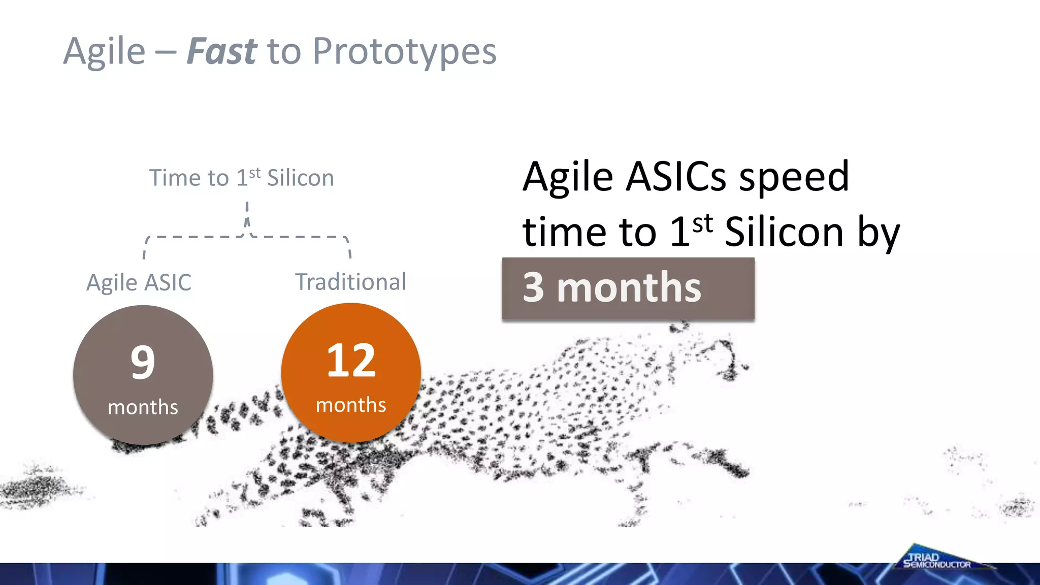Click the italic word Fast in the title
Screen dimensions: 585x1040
[x=221, y=52]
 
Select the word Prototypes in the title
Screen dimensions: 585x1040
[x=404, y=52]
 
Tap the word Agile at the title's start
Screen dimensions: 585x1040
[x=104, y=52]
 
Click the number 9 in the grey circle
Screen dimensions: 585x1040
[x=143, y=362]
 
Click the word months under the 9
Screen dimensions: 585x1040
[x=143, y=407]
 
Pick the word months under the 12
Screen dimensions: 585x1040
[x=351, y=405]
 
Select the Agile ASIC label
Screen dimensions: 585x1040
[x=139, y=282]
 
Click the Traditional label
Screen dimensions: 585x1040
[x=351, y=282]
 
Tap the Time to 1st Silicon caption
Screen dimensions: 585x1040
[x=242, y=178]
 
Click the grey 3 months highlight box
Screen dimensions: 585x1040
[x=628, y=288]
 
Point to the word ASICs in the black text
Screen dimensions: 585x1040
[x=676, y=177]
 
